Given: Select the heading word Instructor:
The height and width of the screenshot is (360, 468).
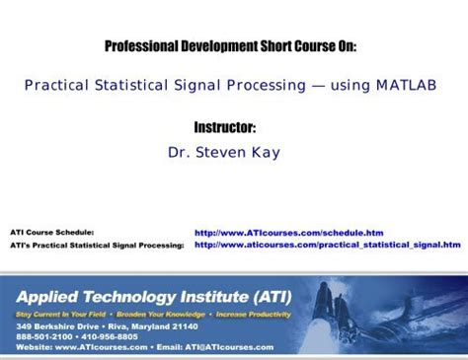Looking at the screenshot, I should (234, 128).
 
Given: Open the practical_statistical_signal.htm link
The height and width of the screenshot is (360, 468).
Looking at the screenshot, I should (327, 244).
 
